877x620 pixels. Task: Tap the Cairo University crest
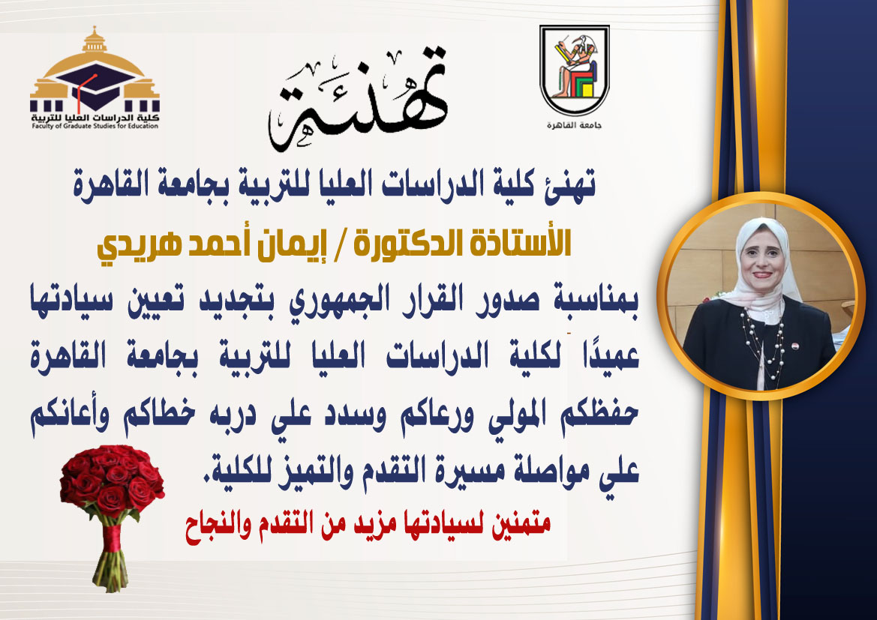point(575,70)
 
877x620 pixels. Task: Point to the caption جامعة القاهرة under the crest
point(575,125)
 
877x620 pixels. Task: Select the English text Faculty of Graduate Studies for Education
point(95,127)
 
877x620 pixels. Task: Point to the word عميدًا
point(611,356)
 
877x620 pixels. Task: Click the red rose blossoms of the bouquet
point(112,478)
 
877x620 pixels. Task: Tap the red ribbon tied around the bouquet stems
point(112,538)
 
